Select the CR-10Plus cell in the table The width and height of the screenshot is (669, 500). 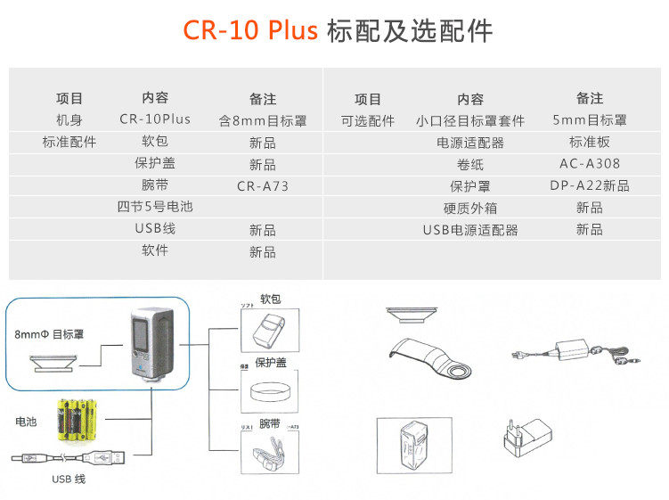click(x=155, y=119)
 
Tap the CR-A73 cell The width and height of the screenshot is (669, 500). click(x=263, y=186)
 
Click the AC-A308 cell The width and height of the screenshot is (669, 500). click(x=589, y=164)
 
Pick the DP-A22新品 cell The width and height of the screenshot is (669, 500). click(x=589, y=186)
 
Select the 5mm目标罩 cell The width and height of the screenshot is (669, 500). click(x=589, y=120)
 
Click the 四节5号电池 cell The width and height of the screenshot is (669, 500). click(x=155, y=207)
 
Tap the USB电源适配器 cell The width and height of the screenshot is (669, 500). click(x=470, y=230)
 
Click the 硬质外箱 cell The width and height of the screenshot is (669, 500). click(x=470, y=208)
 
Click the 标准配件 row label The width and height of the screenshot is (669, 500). click(x=69, y=142)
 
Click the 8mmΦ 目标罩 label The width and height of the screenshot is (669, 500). click(x=49, y=335)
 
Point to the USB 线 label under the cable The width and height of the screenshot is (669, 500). click(x=68, y=479)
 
